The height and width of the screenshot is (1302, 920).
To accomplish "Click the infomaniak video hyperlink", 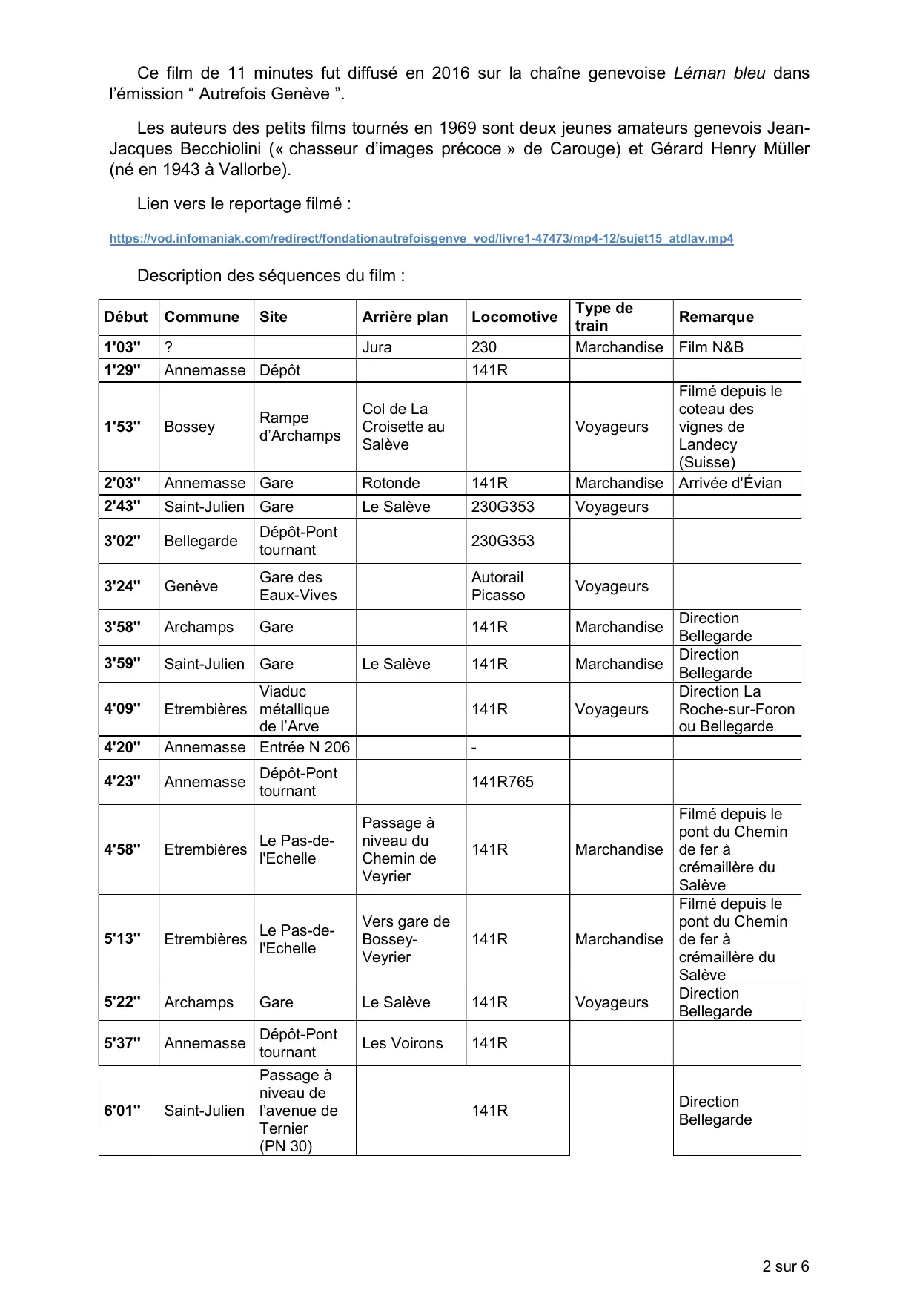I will tap(421, 239).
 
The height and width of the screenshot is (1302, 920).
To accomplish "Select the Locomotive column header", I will tap(514, 317).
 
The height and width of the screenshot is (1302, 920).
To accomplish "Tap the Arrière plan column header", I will tap(405, 317).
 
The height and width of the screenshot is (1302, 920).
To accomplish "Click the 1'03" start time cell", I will tap(123, 347).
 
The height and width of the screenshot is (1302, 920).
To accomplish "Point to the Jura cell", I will tap(377, 347).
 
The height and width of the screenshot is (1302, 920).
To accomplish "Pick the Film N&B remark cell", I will tap(710, 347).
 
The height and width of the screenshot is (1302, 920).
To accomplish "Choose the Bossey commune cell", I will tap(189, 427).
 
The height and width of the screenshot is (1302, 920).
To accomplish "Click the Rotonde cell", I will tap(391, 483).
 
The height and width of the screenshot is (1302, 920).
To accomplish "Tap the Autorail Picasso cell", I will tap(497, 586).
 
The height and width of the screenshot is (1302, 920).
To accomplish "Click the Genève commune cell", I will tap(191, 586).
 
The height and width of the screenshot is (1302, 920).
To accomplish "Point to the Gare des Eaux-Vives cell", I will tap(298, 586).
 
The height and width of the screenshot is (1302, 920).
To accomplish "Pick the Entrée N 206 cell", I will tap(304, 747).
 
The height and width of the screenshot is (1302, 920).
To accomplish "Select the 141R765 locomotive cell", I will tap(502, 782).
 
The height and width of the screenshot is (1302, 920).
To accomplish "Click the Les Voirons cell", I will tap(402, 1043).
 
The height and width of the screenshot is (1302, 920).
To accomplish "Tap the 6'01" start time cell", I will tap(123, 1111).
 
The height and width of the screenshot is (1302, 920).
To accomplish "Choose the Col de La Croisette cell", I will tap(403, 427).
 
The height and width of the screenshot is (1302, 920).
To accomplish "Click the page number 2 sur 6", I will tap(785, 1266).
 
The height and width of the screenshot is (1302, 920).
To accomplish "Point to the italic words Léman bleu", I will tap(719, 73).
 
